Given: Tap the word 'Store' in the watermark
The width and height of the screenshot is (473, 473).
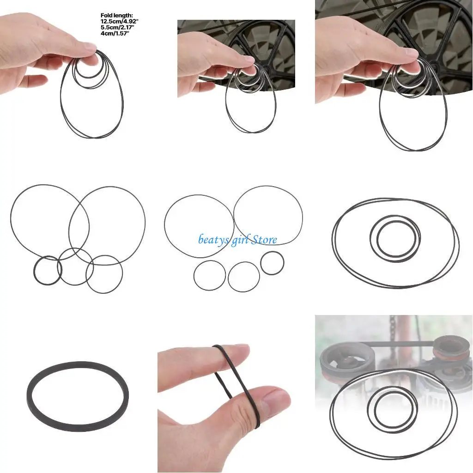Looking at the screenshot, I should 264,239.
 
